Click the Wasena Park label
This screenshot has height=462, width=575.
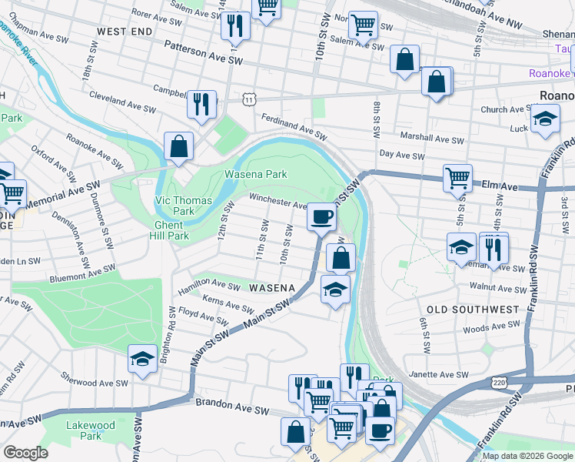tap(255, 174)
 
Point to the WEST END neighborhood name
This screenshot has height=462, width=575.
tap(125, 32)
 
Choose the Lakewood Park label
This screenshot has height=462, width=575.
tap(91, 430)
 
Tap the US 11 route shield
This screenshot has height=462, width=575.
tap(248, 99)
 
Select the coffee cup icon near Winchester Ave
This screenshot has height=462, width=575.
tap(321, 216)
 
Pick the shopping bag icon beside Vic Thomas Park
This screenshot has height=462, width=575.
tap(178, 146)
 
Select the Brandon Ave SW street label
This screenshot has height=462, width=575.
tap(224, 403)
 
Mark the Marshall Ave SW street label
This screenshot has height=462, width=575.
tap(434, 140)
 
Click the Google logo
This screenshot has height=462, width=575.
tap(25, 453)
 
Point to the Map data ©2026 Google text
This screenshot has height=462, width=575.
tap(527, 456)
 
